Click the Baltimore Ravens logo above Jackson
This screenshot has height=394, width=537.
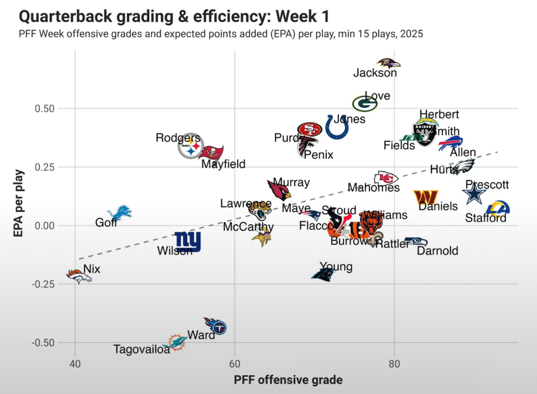click(x=389, y=64)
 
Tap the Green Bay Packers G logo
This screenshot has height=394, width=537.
click(x=364, y=104)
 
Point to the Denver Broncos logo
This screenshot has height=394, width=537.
click(x=79, y=276)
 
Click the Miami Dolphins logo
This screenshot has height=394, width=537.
click(x=177, y=342)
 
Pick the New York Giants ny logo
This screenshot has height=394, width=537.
click(x=188, y=241)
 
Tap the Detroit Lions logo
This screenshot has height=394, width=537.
click(x=120, y=212)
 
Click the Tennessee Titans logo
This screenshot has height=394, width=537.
click(x=215, y=326)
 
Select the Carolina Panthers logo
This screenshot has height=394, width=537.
click(x=323, y=274)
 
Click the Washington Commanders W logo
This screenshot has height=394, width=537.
click(x=425, y=197)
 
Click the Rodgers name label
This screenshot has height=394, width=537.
click(x=178, y=138)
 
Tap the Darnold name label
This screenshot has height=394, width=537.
click(x=437, y=251)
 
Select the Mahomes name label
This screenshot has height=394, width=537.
click(x=373, y=188)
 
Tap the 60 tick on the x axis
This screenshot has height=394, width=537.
click(x=235, y=364)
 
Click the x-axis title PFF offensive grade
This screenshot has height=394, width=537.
click(x=288, y=380)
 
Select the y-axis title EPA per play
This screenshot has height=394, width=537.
click(x=18, y=203)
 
